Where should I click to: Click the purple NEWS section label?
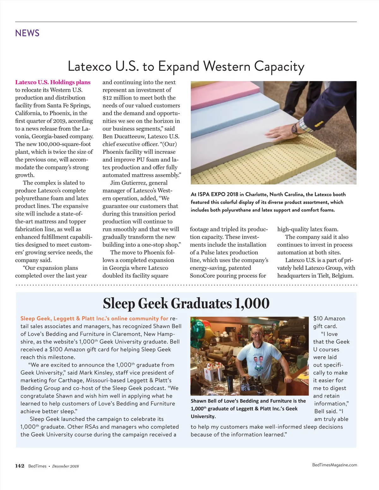[x=27, y=33]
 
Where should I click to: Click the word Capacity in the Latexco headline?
[x=279, y=67]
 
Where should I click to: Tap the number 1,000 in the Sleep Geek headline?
[x=252, y=304]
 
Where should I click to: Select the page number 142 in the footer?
[x=20, y=466]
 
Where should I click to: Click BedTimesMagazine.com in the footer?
[x=334, y=465]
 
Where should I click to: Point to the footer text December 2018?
[x=65, y=466]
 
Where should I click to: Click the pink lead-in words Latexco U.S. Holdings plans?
[x=53, y=82]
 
